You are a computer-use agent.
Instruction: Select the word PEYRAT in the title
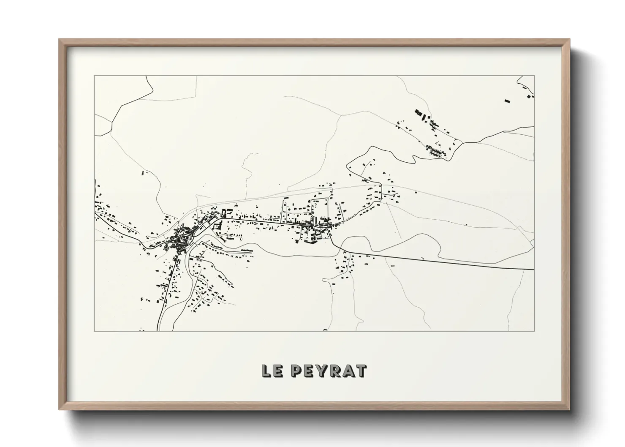tap(330, 371)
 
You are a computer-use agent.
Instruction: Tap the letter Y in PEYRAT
tap(324, 371)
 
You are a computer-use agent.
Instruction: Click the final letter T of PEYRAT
tap(361, 371)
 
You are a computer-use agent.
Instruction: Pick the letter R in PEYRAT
tap(337, 371)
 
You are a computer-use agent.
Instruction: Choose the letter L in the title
tap(266, 371)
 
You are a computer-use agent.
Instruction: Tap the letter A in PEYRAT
tap(349, 371)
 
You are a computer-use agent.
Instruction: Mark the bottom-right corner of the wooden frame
tap(569, 409)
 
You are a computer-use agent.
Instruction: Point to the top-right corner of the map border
tap(534, 76)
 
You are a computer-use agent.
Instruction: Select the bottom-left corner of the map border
tap(95, 330)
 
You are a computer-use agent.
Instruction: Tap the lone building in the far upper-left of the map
tap(143, 173)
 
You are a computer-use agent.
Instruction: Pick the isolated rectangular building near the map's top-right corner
tap(507, 101)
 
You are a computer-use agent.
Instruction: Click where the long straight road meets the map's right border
tap(534, 269)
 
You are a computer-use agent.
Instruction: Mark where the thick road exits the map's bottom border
tap(158, 330)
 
